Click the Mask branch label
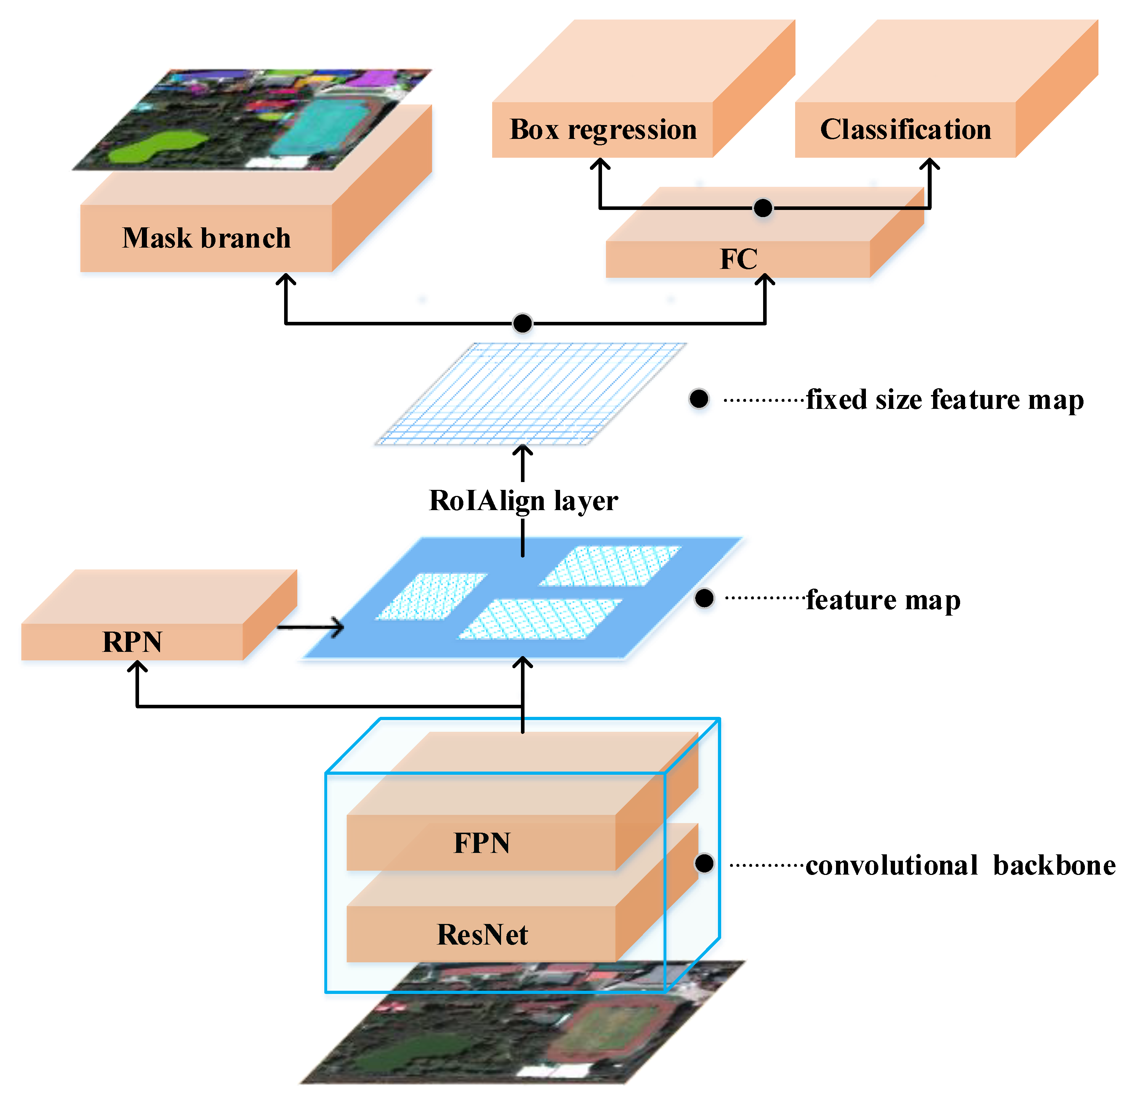(x=206, y=238)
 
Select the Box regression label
(x=603, y=129)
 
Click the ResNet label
(x=482, y=934)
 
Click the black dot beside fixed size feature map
(x=699, y=399)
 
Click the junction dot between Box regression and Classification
(x=762, y=207)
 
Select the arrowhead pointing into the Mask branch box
(x=285, y=279)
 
